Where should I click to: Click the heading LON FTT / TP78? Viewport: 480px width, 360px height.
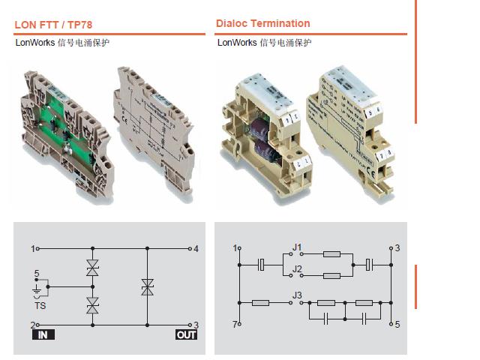pos(53,25)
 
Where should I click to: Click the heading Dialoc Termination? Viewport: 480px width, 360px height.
pos(262,23)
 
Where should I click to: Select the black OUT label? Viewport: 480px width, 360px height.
pos(185,334)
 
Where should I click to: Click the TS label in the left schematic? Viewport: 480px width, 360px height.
pos(40,306)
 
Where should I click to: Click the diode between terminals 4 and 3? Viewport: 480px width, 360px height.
pos(147,286)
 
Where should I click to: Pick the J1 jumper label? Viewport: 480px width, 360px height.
pos(298,247)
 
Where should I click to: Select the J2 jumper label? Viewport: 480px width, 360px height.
pos(298,268)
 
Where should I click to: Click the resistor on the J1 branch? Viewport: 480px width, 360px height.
pos(331,253)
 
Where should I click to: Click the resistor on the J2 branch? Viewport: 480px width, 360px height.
pos(331,276)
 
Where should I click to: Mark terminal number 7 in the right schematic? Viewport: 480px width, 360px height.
pos(235,325)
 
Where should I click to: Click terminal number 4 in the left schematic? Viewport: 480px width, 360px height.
pos(196,248)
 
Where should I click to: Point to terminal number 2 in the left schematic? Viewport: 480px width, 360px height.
pos(33,325)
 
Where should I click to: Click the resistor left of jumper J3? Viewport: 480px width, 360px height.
pos(261,303)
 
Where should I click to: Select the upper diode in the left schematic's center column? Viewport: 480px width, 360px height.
pos(92,267)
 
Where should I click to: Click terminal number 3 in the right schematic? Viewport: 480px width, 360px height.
pos(397,247)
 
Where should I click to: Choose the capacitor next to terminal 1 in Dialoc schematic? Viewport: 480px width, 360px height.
pos(261,264)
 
